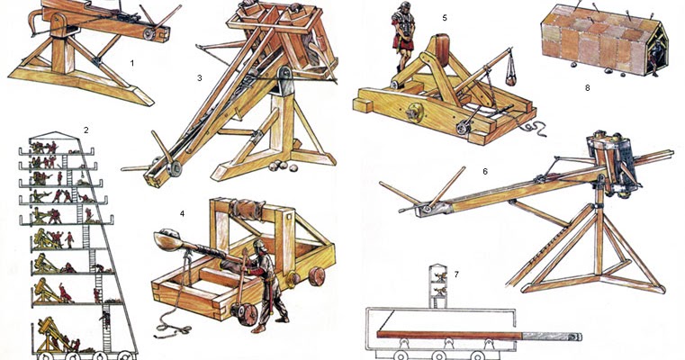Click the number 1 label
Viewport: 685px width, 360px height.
coord(131,63)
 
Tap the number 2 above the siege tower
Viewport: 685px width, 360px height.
coord(86,130)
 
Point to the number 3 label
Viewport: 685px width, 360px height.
coord(199,77)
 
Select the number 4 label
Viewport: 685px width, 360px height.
coord(182,213)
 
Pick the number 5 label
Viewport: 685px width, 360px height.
coord(444,17)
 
